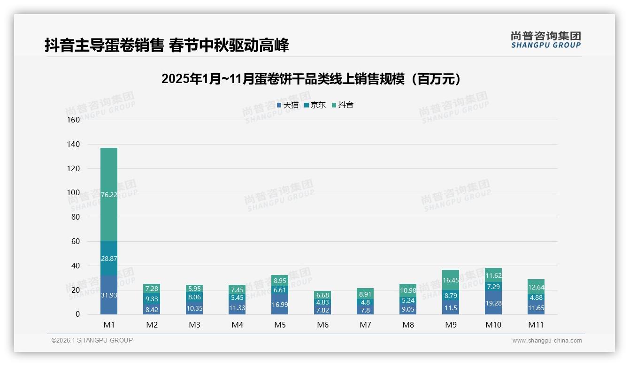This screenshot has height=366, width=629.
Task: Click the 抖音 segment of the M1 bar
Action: click(109, 194)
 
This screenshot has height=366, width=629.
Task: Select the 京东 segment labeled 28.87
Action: click(109, 258)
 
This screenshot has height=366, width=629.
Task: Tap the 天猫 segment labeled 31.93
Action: click(109, 295)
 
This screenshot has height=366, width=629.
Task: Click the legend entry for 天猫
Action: click(288, 105)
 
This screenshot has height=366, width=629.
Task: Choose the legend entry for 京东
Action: click(315, 105)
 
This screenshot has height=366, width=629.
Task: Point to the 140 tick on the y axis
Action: click(74, 144)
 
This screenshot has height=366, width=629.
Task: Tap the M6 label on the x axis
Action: click(322, 325)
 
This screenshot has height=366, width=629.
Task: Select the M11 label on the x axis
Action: click(536, 325)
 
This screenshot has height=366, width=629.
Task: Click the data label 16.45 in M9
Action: click(451, 280)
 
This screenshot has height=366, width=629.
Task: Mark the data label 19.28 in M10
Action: click(493, 303)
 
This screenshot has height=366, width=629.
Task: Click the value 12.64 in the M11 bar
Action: click(536, 287)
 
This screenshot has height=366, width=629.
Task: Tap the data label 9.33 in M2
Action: click(152, 298)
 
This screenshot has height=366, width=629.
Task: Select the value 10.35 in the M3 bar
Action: click(194, 308)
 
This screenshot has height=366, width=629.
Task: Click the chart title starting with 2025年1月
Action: click(311, 79)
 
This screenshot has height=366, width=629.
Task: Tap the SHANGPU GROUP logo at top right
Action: click(545, 40)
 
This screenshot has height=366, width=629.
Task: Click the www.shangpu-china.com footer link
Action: click(547, 341)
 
